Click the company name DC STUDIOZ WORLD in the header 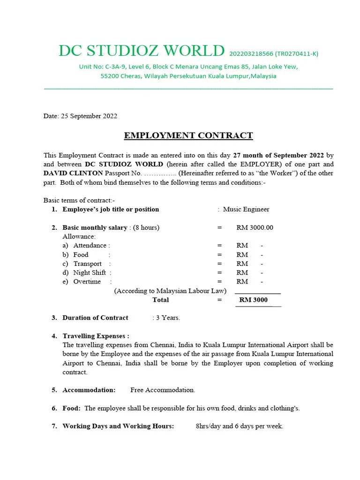(141, 51)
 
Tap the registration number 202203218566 (249, 53)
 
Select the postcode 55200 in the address (111, 76)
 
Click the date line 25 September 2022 (80, 116)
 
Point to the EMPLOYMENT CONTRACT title (188, 136)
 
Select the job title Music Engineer (246, 210)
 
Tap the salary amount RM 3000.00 (255, 228)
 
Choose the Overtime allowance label (87, 282)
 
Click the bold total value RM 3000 (253, 300)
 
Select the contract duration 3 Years (167, 318)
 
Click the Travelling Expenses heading (96, 336)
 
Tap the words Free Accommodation (163, 390)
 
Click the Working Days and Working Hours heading (118, 427)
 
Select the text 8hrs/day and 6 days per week (240, 427)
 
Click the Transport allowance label (87, 264)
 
